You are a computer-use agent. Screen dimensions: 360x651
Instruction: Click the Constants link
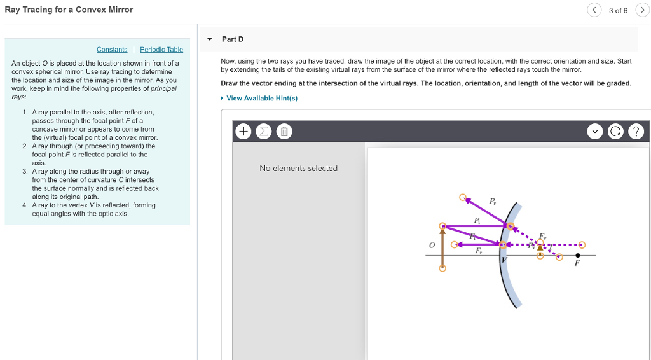pos(112,50)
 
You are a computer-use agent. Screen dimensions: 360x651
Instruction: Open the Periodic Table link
pos(161,50)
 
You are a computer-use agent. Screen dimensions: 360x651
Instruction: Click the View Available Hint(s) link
pos(261,98)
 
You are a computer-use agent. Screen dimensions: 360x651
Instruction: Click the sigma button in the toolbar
pos(264,132)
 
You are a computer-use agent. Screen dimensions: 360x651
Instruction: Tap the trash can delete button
pos(284,132)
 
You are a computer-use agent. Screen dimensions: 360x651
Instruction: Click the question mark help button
pos(636,132)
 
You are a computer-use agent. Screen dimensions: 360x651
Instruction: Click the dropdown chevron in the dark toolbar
pos(595,132)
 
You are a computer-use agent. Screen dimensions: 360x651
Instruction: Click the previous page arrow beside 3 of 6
pos(594,10)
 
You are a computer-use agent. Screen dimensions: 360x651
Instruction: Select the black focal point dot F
pos(577,255)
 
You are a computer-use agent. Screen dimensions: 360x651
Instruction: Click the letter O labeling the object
pos(431,245)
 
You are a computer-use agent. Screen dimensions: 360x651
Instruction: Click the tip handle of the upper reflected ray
pos(462,197)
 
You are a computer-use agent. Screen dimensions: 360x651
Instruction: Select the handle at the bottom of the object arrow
pos(442,268)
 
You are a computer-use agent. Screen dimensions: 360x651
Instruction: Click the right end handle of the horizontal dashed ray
pos(581,244)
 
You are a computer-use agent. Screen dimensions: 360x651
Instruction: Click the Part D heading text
pos(233,39)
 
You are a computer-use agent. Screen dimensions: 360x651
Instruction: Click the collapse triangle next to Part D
pos(210,39)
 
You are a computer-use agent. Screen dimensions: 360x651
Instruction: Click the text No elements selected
pos(298,168)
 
